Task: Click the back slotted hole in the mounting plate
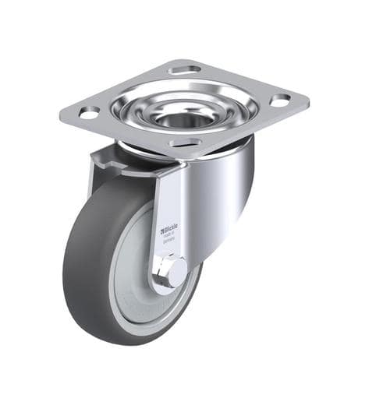coord(185,70)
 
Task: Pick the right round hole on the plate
coord(279,100)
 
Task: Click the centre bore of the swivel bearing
coord(181,118)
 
